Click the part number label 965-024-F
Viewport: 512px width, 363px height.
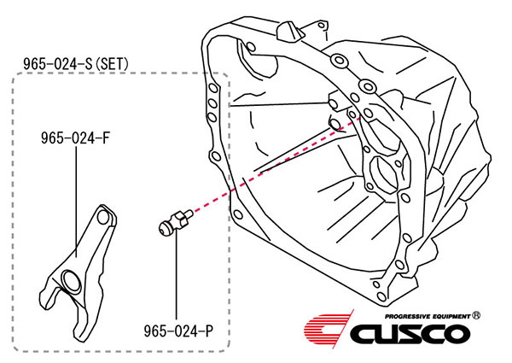tap(75, 138)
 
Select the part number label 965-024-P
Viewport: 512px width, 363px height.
tap(178, 331)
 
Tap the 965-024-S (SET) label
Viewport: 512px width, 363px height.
tap(76, 64)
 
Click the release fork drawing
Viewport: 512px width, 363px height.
tap(78, 272)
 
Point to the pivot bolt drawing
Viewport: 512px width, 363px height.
tap(175, 222)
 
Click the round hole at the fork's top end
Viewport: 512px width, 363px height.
tap(103, 217)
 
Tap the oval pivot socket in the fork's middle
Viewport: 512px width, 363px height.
tap(71, 279)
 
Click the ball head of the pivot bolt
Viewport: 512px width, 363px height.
tap(165, 228)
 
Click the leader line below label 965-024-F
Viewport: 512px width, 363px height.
tap(76, 202)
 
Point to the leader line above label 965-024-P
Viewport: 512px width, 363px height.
tap(177, 276)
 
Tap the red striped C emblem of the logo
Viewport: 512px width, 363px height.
tap(329, 328)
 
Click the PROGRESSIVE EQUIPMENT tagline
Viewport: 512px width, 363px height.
tap(428, 316)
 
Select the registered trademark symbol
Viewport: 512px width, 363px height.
tap(476, 315)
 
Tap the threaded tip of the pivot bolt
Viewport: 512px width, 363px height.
tap(189, 214)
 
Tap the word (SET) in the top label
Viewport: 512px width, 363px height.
tap(112, 64)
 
